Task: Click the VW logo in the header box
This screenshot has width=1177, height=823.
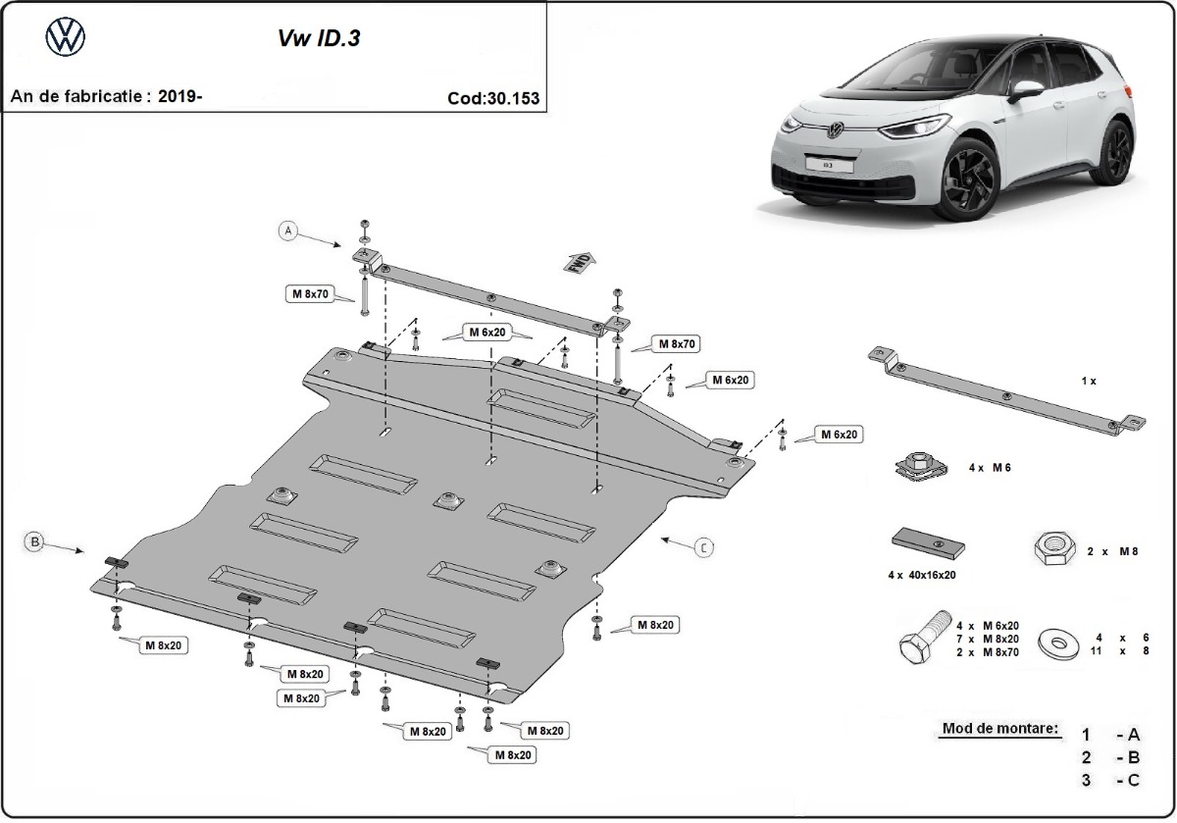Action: tap(66, 38)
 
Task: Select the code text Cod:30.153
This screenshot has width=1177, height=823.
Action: tap(492, 98)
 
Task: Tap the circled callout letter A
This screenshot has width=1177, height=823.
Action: tap(287, 231)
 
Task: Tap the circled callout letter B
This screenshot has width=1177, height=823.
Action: tap(33, 540)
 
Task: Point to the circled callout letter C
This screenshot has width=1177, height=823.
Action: tap(703, 548)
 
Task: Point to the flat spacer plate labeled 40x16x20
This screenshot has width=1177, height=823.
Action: tap(929, 542)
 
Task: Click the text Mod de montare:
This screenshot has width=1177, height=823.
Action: tap(1000, 729)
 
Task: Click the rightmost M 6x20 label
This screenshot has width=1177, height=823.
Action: tap(838, 434)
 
